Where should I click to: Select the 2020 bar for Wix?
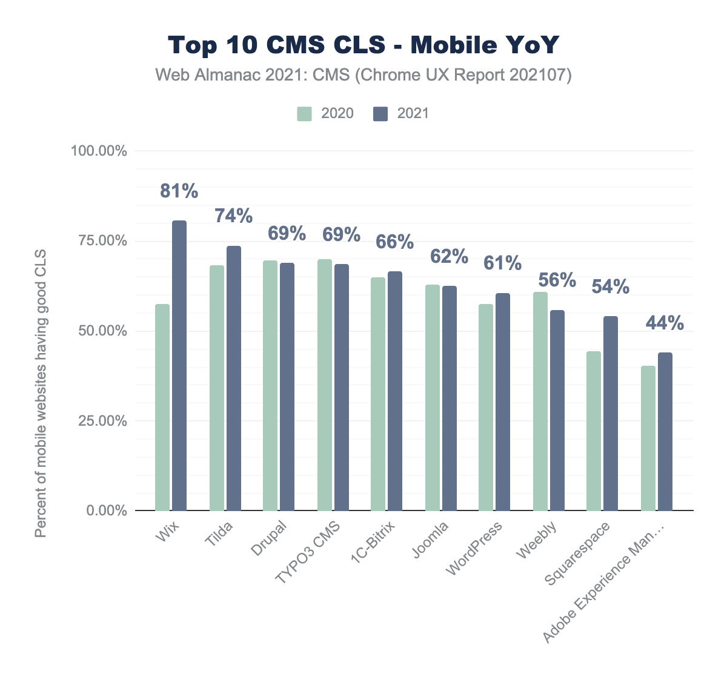162,407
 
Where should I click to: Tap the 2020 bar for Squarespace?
594,431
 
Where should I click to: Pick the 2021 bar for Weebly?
557,410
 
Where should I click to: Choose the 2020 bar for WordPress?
486,407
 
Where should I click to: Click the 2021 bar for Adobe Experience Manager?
665,431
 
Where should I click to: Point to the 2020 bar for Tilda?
216,388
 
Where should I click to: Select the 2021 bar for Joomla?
449,398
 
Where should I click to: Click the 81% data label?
179,191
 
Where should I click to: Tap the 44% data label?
665,323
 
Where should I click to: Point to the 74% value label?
234,216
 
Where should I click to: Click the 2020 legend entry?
326,113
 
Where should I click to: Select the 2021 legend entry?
402,113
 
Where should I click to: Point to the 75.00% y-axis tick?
99,241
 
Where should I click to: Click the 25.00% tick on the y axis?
99,421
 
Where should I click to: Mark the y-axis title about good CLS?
41,394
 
